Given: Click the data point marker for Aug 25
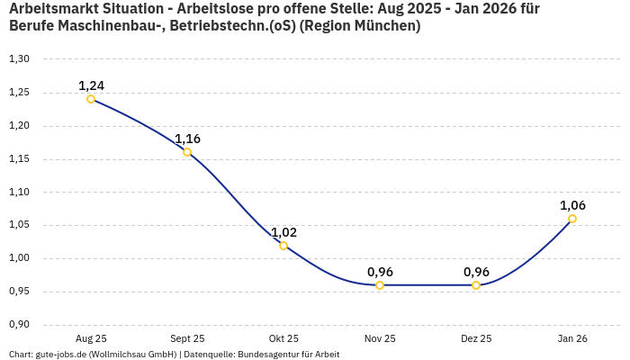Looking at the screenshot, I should [x=91, y=99].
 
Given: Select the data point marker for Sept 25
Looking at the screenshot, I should [x=187, y=152].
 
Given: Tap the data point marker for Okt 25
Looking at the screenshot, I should [x=283, y=246].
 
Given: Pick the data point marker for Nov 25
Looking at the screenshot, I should [x=380, y=285].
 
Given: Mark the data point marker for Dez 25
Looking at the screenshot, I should [x=476, y=285].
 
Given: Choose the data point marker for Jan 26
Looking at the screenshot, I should [x=572, y=219].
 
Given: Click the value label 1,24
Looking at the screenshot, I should [x=91, y=85].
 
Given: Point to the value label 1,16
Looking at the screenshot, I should [x=187, y=139].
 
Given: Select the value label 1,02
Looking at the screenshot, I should [x=283, y=232].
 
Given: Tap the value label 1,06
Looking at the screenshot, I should [x=572, y=205].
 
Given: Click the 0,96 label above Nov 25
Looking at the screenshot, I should [x=380, y=272].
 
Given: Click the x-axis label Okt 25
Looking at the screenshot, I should [x=283, y=338].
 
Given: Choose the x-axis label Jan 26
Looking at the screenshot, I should [x=572, y=338].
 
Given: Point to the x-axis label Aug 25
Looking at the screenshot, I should [x=91, y=338].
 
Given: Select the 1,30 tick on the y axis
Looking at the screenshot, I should [x=19, y=59].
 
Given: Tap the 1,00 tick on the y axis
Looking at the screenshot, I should [x=19, y=258].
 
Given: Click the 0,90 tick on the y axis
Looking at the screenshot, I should [x=19, y=325].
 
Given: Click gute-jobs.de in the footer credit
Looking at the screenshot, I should [x=60, y=355].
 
